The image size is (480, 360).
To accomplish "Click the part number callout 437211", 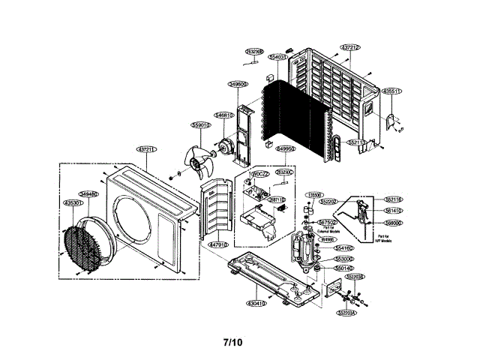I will pos(147,149).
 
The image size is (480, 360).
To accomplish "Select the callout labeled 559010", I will pos(201,125).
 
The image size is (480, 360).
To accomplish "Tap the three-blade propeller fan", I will pos(200,158).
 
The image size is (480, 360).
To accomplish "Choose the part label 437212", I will pos(350,47).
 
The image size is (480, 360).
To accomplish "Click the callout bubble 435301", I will pos(72,202).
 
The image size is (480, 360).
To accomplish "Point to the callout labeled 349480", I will pos(88,193).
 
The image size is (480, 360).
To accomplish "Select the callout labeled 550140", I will pos(344,268).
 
